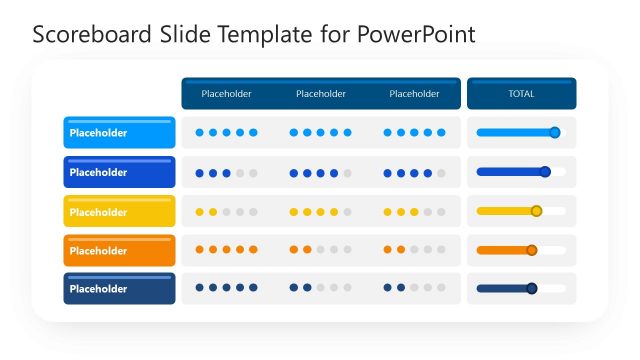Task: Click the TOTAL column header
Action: coord(521,94)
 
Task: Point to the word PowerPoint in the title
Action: coord(420,35)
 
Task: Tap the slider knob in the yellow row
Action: coord(536,211)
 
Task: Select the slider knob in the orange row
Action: coord(532,250)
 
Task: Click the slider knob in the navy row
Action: coord(532,289)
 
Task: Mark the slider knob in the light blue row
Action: coord(555,132)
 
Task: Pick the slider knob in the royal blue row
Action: coord(545,172)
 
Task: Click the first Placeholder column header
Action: coord(226,94)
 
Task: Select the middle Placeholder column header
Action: coord(321,94)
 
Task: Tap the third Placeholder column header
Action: coord(414,94)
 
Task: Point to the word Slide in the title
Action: coord(183,35)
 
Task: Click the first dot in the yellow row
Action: coord(200,212)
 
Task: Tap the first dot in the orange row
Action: coord(200,249)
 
